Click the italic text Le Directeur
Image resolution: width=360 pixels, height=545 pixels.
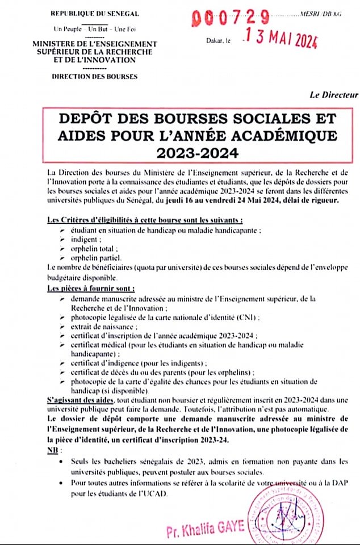click(x=334, y=94)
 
